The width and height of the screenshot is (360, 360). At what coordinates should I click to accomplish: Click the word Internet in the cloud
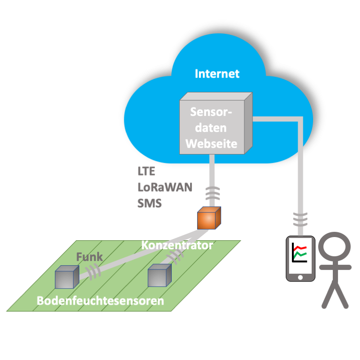tap(217, 74)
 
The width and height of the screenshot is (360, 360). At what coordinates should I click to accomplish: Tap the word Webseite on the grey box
tap(211, 144)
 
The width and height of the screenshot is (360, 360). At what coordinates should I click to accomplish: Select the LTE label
tap(146, 171)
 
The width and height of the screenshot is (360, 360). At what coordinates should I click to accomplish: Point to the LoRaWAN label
tap(165, 187)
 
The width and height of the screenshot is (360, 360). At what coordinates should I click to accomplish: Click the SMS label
tap(149, 203)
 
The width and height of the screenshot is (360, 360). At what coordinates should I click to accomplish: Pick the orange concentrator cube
tap(209, 218)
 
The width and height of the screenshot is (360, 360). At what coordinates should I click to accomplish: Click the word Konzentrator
tap(177, 245)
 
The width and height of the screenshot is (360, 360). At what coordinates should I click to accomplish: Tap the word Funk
tap(89, 257)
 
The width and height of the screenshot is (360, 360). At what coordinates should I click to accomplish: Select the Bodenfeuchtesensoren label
tap(100, 301)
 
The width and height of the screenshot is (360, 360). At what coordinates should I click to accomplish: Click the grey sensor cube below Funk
tap(67, 277)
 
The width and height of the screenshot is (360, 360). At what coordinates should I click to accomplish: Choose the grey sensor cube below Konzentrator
tap(160, 276)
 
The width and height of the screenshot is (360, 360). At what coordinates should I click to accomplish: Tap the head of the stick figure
tap(335, 247)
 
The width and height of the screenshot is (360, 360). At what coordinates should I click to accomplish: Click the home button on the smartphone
tap(300, 277)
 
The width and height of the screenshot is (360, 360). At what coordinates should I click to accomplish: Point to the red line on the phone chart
tap(300, 248)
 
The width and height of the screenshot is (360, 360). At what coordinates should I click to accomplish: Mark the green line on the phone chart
tap(300, 254)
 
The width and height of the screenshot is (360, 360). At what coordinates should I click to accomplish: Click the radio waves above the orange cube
tap(212, 193)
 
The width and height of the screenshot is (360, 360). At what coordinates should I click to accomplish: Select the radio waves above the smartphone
tap(300, 220)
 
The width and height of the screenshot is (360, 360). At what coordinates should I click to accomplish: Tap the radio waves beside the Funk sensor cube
tap(93, 272)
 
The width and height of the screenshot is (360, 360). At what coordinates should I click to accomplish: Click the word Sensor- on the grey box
tap(211, 112)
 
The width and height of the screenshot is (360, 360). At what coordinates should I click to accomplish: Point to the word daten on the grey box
tap(211, 128)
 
